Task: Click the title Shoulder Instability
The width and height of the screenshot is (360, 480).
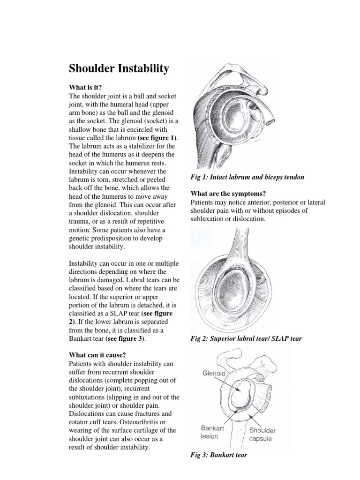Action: [x=119, y=69]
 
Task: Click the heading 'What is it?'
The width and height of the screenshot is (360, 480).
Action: [x=85, y=87]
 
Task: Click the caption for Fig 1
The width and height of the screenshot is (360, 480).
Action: [x=247, y=177]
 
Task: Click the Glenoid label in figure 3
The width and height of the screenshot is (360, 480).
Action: [x=214, y=374]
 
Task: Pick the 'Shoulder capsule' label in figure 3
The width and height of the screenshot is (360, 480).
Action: [x=262, y=435]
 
